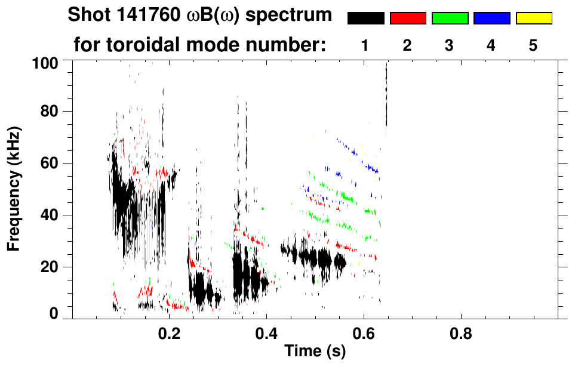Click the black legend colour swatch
point(365,18)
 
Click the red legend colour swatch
point(408,18)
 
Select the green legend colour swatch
point(450,18)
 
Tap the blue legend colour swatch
point(491,18)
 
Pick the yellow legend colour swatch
point(533,18)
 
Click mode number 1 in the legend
point(365,45)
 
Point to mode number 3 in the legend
point(449,45)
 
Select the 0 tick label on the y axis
point(54,314)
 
